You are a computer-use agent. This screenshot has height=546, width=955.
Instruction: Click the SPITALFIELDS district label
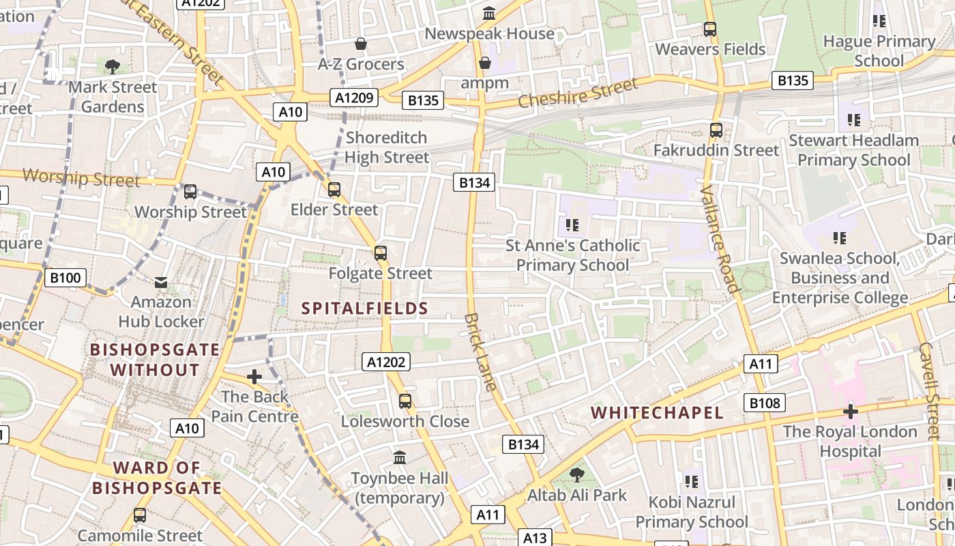tap(365, 308)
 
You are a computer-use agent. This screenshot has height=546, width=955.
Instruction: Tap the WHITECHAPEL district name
tap(657, 413)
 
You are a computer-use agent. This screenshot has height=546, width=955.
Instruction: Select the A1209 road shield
tap(355, 98)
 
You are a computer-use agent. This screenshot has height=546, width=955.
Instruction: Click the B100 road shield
tap(66, 277)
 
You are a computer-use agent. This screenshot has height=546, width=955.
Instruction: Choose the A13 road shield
tap(535, 538)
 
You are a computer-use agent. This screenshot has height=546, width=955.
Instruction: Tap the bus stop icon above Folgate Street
tap(381, 253)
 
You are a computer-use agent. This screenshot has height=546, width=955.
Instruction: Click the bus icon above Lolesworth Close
tap(405, 401)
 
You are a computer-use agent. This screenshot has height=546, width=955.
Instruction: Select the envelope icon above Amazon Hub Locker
tap(161, 282)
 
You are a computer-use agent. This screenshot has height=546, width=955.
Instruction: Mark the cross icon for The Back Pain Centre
tap(254, 377)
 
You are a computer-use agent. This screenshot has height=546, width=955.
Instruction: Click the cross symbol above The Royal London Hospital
tap(850, 412)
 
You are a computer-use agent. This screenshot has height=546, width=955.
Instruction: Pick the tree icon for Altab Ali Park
tap(577, 474)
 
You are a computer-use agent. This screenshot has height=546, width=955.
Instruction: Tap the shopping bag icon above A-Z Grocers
tap(361, 44)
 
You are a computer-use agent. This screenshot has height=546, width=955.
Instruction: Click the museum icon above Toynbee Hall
tap(400, 457)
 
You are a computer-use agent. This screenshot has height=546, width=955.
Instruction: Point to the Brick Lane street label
tap(481, 352)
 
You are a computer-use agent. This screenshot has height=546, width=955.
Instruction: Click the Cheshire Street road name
tap(578, 92)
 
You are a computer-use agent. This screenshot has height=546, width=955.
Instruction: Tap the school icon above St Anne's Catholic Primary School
tap(572, 225)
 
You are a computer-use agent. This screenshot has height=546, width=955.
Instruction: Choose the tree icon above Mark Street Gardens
tap(113, 67)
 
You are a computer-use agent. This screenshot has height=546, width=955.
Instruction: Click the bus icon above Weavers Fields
tap(710, 29)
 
